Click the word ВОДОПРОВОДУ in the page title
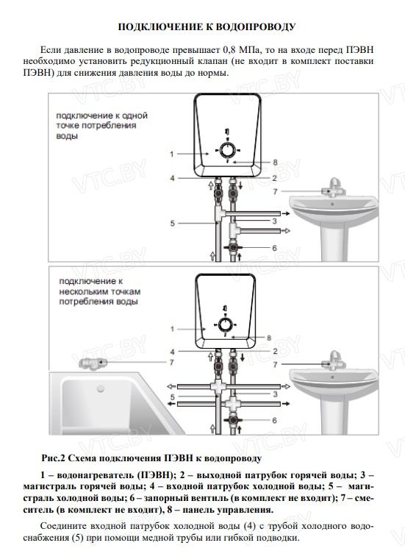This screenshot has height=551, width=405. click(x=254, y=27)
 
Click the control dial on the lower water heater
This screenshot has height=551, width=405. click(x=225, y=325)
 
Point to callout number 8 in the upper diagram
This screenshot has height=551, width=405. click(x=275, y=163)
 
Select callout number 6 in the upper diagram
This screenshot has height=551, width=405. click(x=274, y=248)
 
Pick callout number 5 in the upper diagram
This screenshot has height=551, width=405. click(x=173, y=224)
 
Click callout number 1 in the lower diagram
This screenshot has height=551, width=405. click(x=172, y=330)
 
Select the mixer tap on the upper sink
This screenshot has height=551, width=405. click(x=334, y=188)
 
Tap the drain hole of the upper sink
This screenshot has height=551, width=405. click(x=332, y=204)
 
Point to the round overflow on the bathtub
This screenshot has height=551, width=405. click(x=101, y=388)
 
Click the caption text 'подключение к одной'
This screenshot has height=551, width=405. click(x=102, y=115)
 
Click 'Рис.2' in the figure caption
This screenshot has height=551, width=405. click(x=53, y=458)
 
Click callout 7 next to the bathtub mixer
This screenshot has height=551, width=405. click(x=171, y=362)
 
